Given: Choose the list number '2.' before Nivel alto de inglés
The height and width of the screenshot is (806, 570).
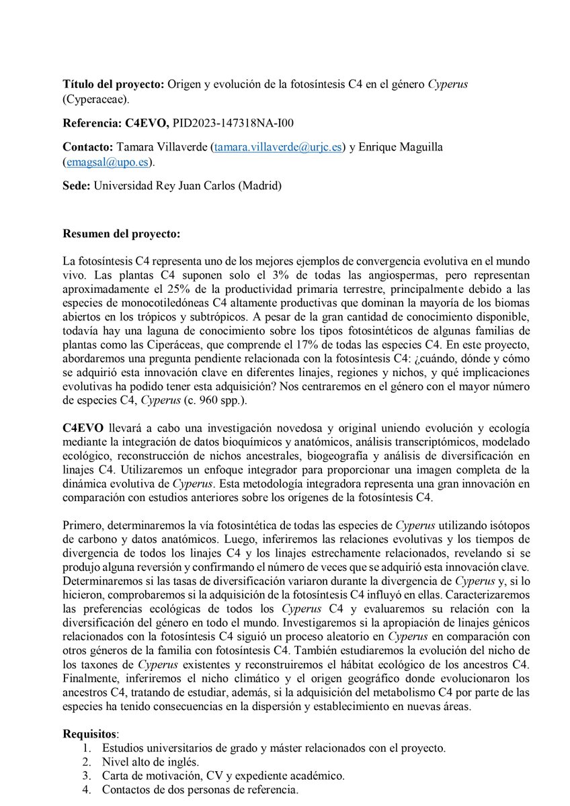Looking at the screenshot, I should (x=86, y=761).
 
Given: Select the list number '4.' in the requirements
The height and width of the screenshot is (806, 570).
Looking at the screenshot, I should (x=86, y=789).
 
